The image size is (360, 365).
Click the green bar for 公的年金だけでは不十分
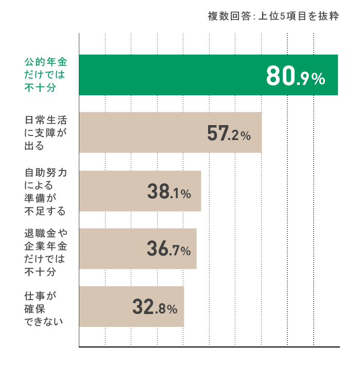pos(170,75)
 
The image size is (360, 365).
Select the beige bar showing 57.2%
pos(139,133)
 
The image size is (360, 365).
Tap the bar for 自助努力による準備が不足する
pos(113,191)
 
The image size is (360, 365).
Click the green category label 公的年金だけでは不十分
pos(46,75)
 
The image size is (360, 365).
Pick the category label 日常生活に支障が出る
pos(46,133)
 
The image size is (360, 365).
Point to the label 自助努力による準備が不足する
pos(46,191)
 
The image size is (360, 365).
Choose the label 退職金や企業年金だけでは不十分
pos(46,249)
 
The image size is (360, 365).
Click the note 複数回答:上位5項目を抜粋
pos(273,16)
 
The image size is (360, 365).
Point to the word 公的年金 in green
pos(46,62)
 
